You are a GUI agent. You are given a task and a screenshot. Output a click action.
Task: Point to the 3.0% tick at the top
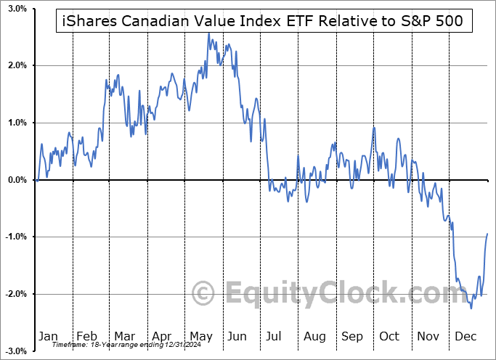[x=17, y=9]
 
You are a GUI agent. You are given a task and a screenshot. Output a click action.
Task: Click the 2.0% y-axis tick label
[x=17, y=65]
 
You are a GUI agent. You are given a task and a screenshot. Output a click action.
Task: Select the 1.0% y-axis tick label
[x=17, y=123]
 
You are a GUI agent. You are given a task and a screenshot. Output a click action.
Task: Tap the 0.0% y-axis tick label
[x=17, y=180]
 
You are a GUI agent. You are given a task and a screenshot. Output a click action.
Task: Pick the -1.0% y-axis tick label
[x=16, y=237]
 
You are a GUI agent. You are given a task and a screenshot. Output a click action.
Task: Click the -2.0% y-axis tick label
[x=16, y=294]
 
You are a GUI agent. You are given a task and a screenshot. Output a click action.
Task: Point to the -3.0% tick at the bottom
[x=16, y=351]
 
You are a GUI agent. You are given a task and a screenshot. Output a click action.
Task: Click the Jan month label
[x=47, y=337]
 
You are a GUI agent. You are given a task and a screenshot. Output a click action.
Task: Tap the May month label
[x=201, y=337]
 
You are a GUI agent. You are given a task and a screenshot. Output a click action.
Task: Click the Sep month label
[x=352, y=337]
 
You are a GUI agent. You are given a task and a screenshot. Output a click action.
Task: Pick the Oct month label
[x=390, y=337]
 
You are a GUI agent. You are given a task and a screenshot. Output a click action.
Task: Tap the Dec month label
[x=465, y=337]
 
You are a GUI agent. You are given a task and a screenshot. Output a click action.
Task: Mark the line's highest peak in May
[x=208, y=33]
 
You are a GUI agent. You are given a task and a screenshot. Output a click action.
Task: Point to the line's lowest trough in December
[x=471, y=308]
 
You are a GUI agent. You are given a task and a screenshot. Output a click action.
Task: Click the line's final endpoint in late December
[x=487, y=234]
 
